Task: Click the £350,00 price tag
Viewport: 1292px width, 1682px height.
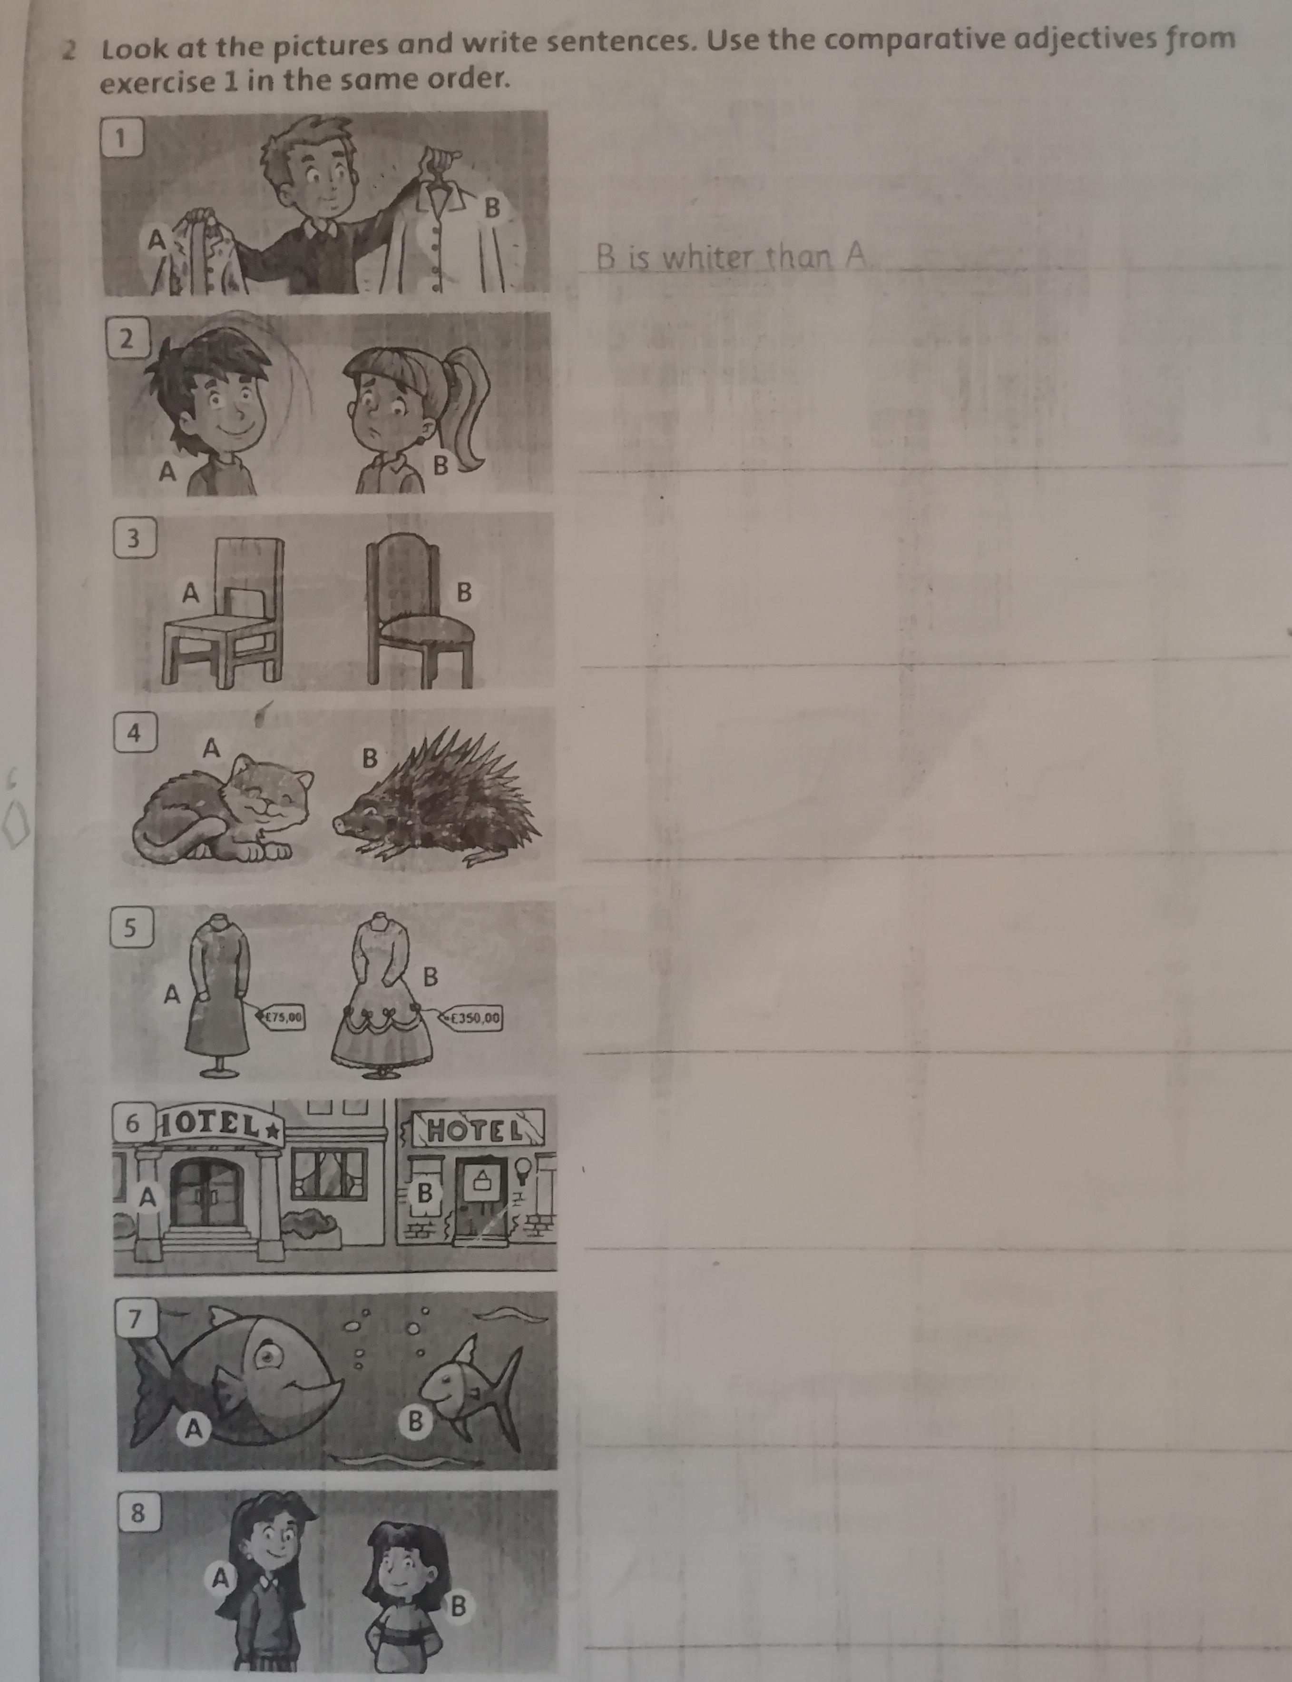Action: (471, 1017)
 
